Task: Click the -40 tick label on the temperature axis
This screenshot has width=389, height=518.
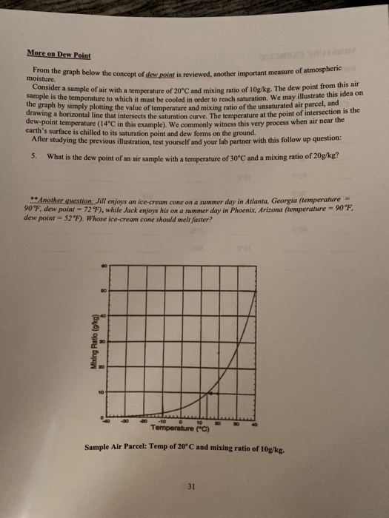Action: [106, 420]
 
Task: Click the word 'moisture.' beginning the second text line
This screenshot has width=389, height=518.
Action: [39, 76]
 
